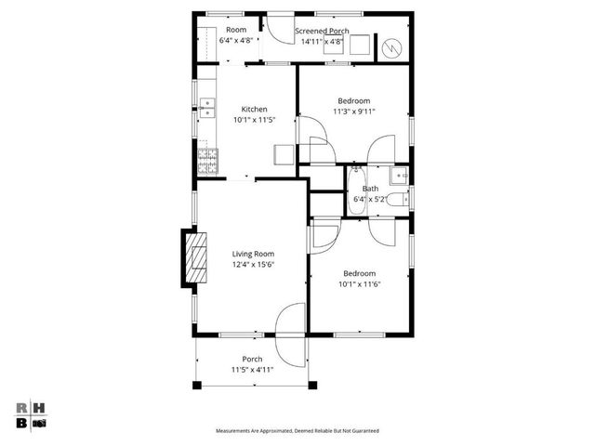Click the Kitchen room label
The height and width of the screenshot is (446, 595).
click(x=254, y=108)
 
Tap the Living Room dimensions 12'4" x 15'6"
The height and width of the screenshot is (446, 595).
click(x=254, y=264)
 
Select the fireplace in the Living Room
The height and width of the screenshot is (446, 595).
click(x=194, y=258)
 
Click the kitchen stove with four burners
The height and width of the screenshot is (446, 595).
click(x=206, y=164)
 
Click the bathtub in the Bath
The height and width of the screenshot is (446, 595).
click(x=356, y=190)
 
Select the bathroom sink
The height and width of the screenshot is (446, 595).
click(x=400, y=175)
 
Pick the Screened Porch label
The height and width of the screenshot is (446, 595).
click(x=322, y=31)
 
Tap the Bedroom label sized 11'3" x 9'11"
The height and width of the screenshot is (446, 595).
click(x=353, y=100)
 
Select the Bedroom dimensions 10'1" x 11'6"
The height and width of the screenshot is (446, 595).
click(x=359, y=284)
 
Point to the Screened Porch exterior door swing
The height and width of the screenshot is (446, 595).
click(x=277, y=28)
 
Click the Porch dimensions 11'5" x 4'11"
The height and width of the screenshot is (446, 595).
click(x=252, y=370)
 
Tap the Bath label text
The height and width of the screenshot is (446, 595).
click(x=370, y=189)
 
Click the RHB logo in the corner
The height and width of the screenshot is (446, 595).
click(x=32, y=414)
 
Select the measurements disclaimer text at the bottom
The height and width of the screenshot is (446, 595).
click(x=297, y=431)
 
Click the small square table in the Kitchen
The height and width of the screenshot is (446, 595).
click(x=284, y=154)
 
